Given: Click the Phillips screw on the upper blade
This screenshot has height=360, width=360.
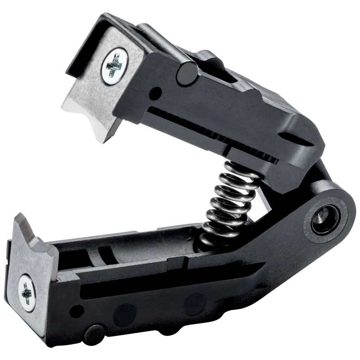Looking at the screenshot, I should point(114,66).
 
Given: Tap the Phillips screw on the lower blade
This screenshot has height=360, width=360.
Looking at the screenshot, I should point(27,292).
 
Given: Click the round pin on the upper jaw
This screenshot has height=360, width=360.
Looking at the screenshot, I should point(187,74).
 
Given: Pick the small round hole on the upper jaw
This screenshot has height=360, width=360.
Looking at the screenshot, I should point(156,94).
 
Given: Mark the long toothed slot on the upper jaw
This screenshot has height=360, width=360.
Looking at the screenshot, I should point(212,134).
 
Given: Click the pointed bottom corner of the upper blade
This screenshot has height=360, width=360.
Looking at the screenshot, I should point(104,139).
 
